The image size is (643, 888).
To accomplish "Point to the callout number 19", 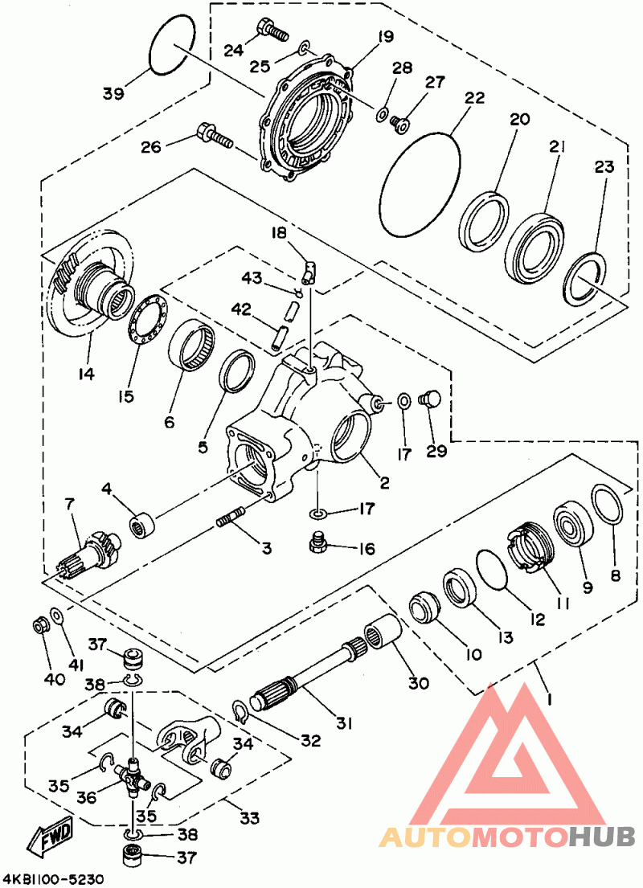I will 383,36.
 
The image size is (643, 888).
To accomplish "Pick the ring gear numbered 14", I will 88,289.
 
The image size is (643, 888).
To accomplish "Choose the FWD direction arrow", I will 51,835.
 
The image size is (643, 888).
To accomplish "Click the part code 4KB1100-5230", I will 53,879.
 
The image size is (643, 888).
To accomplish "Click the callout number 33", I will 249,818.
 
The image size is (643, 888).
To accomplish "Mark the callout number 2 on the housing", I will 384,483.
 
